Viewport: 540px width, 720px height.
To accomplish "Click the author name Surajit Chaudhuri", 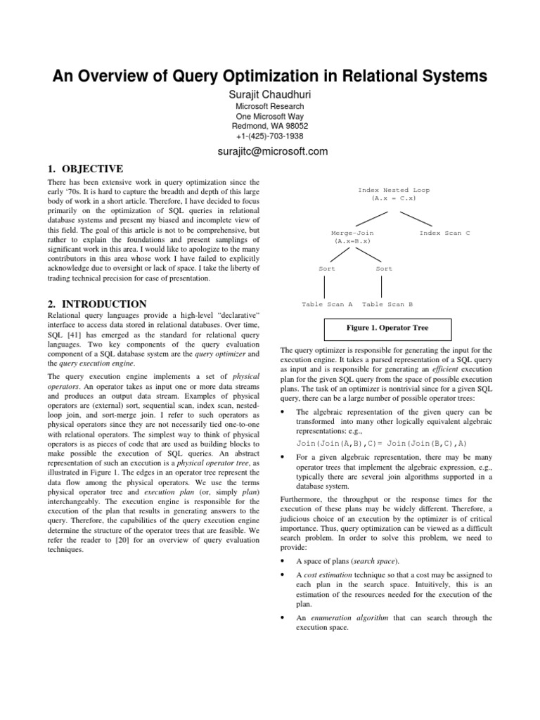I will [269, 95].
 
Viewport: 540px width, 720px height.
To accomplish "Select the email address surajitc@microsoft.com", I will [269, 151].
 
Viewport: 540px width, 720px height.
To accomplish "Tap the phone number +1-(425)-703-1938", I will [269, 136].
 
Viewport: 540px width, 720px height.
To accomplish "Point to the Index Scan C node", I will [444, 233].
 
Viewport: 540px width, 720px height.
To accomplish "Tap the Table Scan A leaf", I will [327, 304].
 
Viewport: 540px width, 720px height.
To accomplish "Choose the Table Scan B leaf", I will [387, 304].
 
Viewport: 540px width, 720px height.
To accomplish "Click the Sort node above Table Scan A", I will [327, 269].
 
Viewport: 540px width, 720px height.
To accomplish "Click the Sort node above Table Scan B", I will [384, 269].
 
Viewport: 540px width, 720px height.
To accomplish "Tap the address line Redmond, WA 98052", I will [269, 126].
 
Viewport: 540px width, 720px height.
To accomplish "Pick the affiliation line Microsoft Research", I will [269, 106].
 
